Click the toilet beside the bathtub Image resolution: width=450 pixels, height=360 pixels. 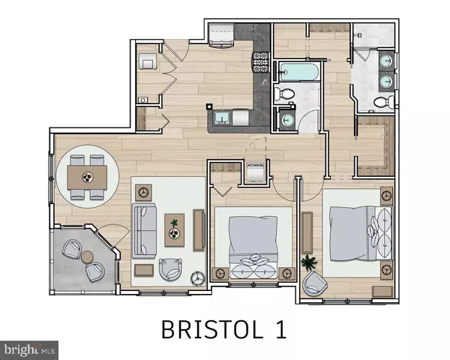click(x=283, y=94)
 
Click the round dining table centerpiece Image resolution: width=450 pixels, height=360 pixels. click(x=88, y=178)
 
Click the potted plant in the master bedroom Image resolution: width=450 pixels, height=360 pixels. click(x=307, y=263)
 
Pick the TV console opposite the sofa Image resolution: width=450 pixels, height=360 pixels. click(x=199, y=229)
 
